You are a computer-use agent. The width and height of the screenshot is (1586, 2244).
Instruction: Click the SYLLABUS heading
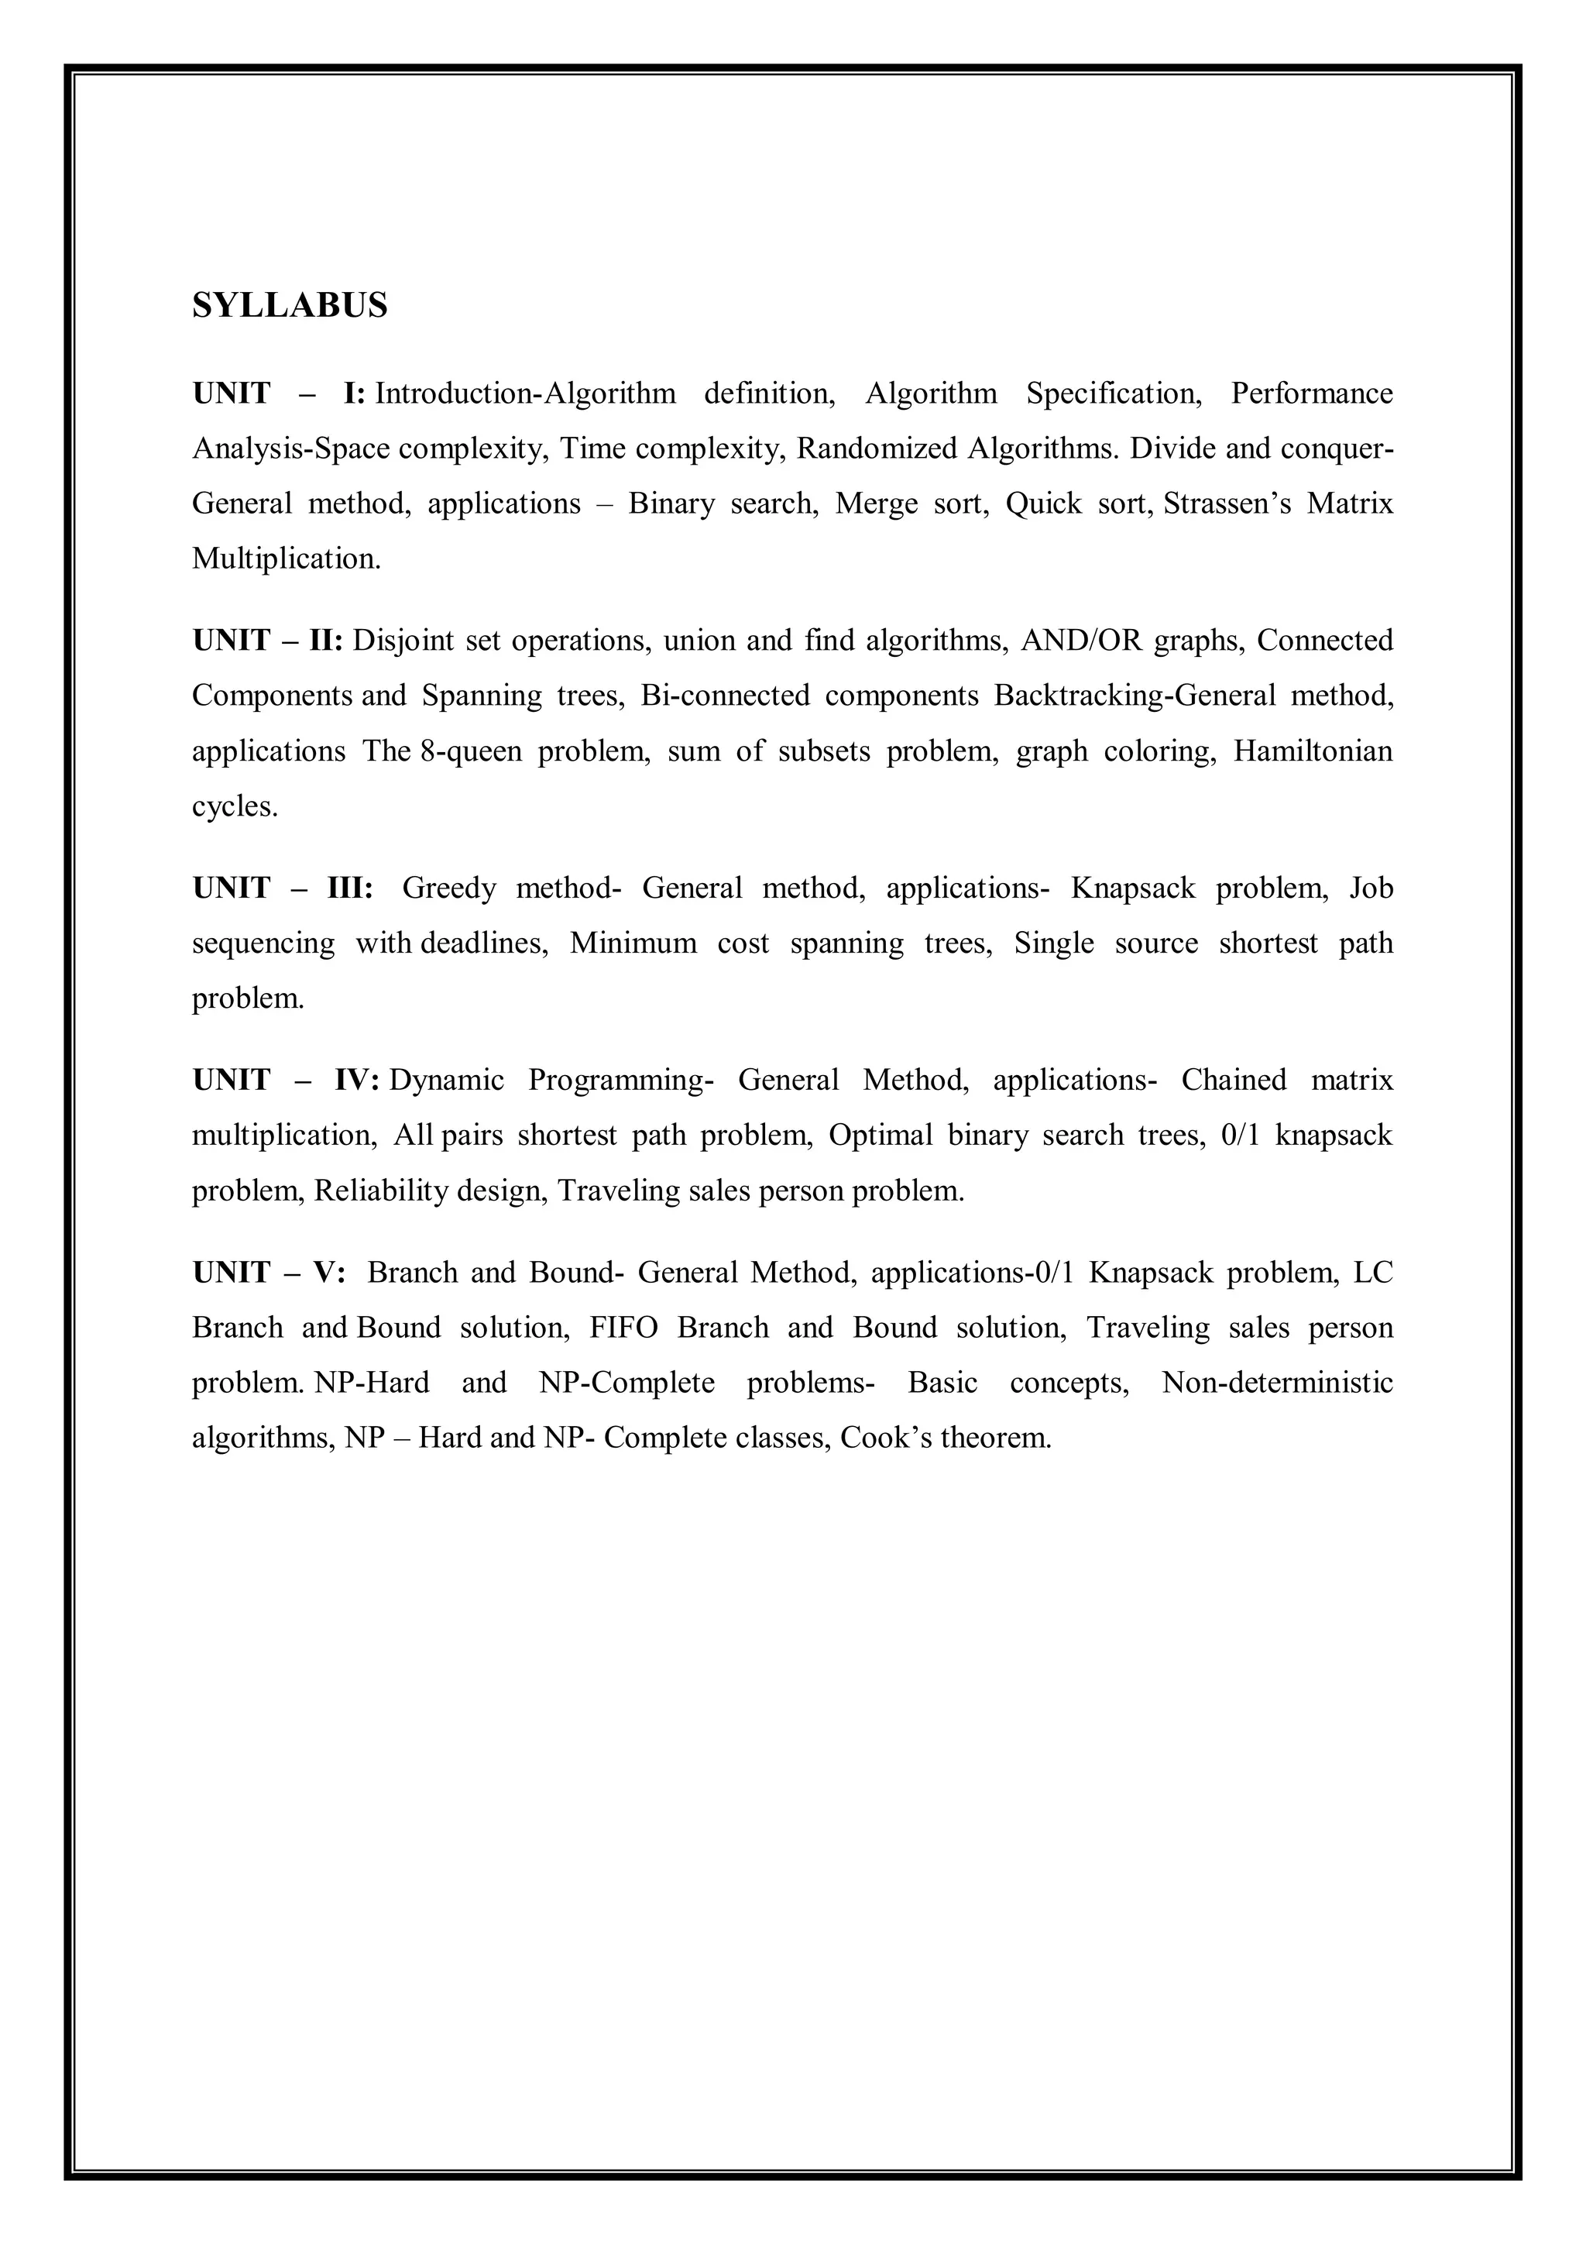(x=290, y=306)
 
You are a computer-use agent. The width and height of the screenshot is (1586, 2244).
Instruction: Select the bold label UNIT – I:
(x=279, y=393)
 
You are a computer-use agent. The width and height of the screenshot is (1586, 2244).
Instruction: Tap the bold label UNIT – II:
(x=266, y=641)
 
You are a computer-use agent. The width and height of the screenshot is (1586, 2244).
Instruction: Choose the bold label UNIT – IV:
(x=285, y=1081)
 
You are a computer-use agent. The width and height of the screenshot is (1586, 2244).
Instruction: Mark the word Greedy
(x=448, y=888)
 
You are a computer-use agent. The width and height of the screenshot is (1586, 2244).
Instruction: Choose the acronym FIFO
(x=623, y=1328)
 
